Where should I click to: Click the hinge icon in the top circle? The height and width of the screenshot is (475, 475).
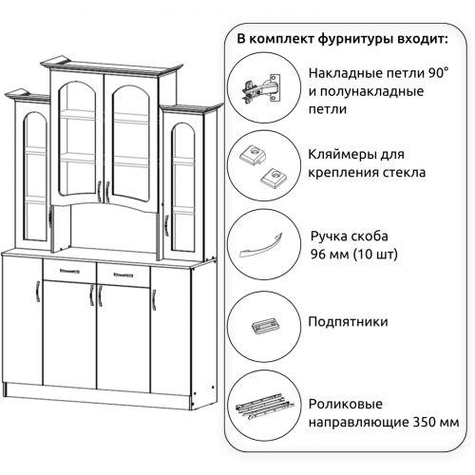[x=261, y=87]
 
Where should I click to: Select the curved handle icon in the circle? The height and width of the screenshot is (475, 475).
[x=260, y=245]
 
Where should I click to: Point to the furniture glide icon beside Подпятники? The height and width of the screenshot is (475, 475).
[x=265, y=326]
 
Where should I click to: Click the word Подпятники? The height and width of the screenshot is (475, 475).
[x=348, y=322]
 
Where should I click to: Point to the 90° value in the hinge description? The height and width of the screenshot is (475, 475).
[x=439, y=73]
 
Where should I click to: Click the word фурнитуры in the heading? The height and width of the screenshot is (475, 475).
[x=355, y=40]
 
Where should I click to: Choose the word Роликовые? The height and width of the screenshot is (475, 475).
[x=346, y=404]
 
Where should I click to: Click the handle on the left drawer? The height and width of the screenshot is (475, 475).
[x=69, y=271]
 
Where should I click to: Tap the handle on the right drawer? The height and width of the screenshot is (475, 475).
[x=123, y=275]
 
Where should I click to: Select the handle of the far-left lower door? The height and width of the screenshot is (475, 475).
[x=38, y=292]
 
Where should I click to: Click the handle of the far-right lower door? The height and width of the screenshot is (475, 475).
[x=154, y=299]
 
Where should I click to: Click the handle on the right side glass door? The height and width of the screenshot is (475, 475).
[x=166, y=225]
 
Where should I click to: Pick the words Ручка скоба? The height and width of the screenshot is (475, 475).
[x=349, y=237]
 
